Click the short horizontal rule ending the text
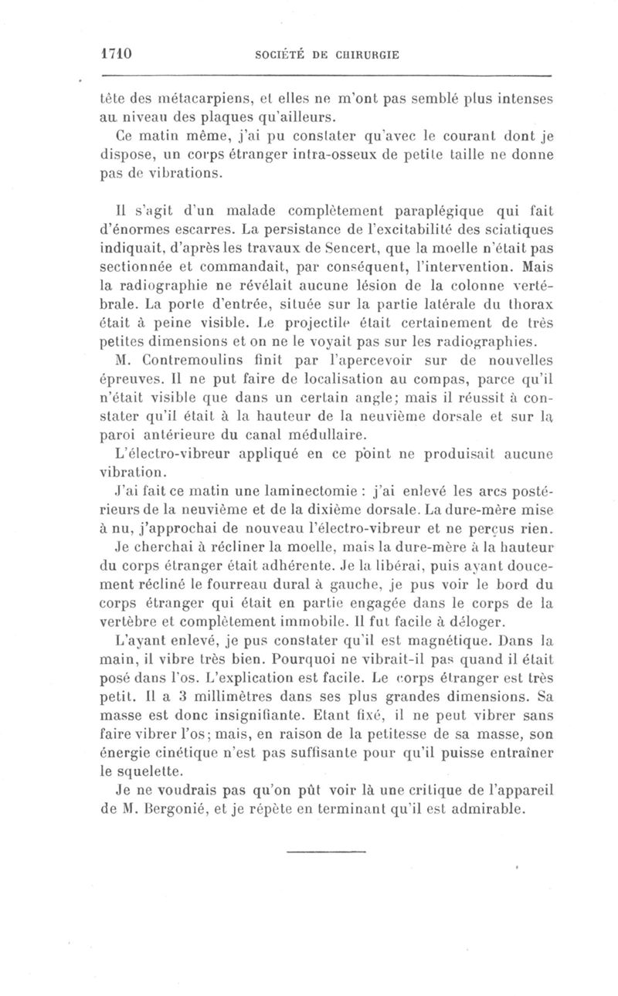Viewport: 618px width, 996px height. tap(324, 852)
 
